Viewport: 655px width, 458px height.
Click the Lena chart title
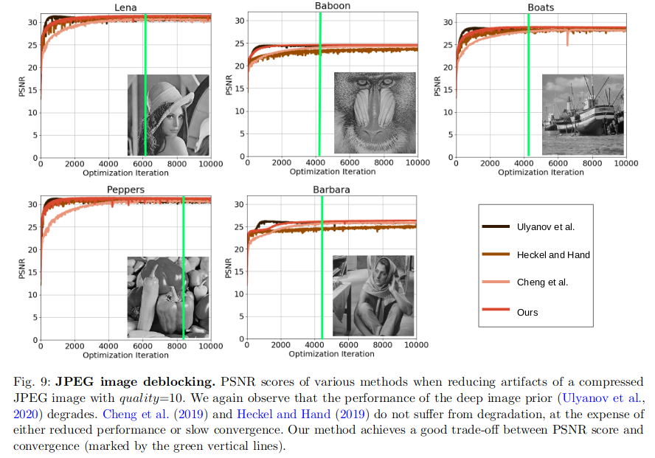(x=125, y=7)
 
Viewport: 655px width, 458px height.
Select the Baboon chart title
(x=333, y=6)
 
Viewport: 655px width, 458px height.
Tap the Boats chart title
(x=541, y=7)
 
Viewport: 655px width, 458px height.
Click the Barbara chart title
(x=331, y=190)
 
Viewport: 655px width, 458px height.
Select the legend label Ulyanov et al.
(x=546, y=226)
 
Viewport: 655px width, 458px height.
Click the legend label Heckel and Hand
(x=553, y=255)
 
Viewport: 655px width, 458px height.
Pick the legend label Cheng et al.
(x=542, y=283)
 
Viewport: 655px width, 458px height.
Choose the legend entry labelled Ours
(x=527, y=312)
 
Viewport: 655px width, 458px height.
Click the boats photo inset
(x=583, y=114)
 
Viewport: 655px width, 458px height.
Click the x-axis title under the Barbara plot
(x=332, y=355)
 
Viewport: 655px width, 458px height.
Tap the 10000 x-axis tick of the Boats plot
(x=625, y=164)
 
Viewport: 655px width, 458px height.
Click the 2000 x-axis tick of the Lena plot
(x=74, y=164)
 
